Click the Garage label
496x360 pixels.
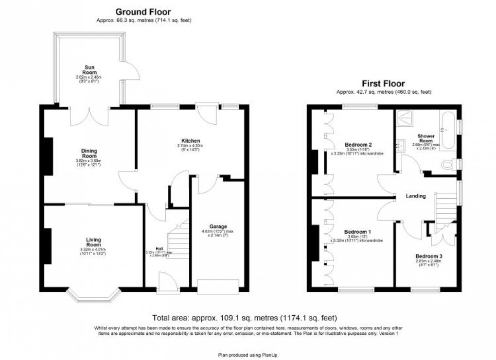coord(218,226)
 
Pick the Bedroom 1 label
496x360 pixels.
coord(357,232)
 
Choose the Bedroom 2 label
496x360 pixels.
coord(358,145)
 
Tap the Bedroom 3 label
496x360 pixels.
coord(428,256)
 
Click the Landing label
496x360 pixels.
coord(416,196)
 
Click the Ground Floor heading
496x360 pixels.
coord(143,12)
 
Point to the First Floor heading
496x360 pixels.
coord(383,84)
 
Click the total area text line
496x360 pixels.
coord(245,319)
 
